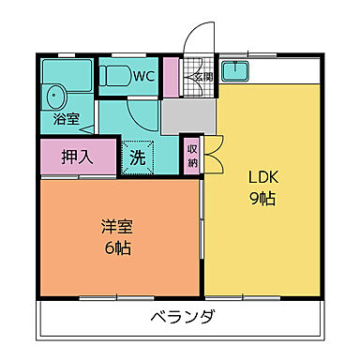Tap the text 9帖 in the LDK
point(263,199)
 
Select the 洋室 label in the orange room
point(117,226)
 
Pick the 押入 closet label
point(76,157)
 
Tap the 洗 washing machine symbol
point(138,157)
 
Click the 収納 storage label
point(191,155)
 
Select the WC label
point(143,75)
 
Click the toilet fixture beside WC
point(115,77)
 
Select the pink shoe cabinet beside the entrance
point(171,77)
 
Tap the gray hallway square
point(186,117)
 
